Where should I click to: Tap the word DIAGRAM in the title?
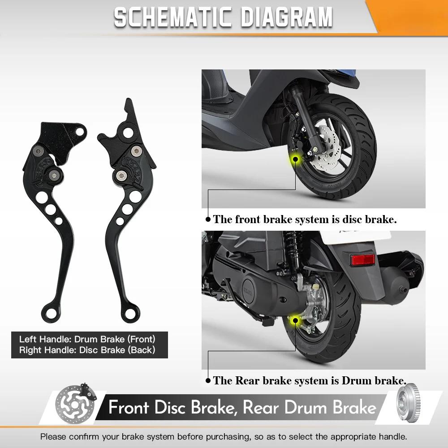pyautogui.click(x=287, y=17)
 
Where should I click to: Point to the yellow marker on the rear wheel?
pyautogui.click(x=295, y=319)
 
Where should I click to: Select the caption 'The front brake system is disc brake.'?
pyautogui.click(x=305, y=220)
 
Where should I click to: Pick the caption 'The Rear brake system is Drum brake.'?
pyautogui.click(x=309, y=381)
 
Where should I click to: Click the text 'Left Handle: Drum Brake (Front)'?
pyautogui.click(x=87, y=339)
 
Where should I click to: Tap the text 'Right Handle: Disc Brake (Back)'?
pyautogui.click(x=87, y=350)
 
